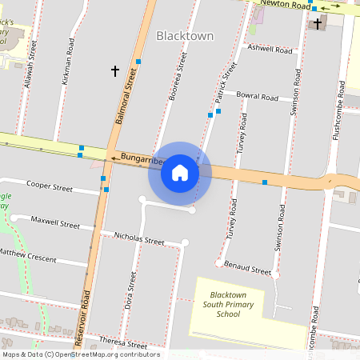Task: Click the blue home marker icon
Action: click(180, 173)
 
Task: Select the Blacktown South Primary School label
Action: click(227, 305)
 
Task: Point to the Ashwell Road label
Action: click(270, 49)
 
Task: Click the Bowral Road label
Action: click(257, 97)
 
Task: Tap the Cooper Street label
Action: click(50, 186)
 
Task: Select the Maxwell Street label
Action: click(56, 221)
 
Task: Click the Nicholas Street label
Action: click(139, 238)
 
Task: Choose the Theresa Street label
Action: click(123, 342)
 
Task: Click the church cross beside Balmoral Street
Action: click(114, 71)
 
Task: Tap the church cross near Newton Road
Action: click(318, 24)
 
